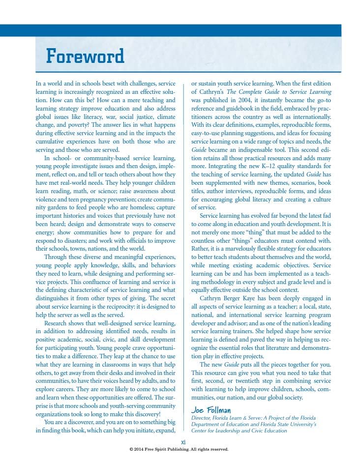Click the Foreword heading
click(x=85, y=56)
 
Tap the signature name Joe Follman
click(x=210, y=410)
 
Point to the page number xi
click(x=183, y=442)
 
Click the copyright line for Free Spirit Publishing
click(x=179, y=449)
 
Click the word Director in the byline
click(x=202, y=417)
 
